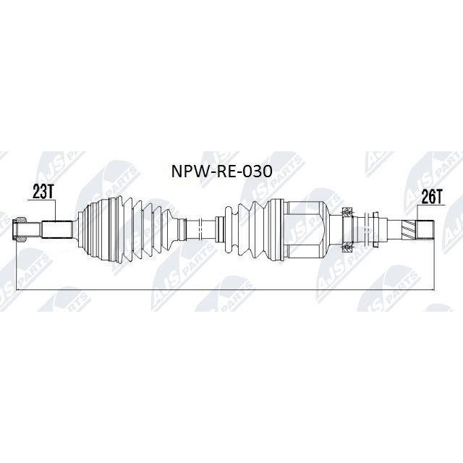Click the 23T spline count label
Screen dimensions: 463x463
pos(43,192)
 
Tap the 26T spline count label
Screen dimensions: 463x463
pos(431,197)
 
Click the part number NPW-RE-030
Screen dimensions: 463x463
pos(221,171)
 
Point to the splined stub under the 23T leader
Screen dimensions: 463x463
pos(57,229)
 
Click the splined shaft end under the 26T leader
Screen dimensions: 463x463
pos(425,229)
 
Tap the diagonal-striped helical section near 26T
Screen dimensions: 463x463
pos(408,229)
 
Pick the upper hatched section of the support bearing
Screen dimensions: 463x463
pos(347,212)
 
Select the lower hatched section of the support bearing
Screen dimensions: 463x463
pos(347,247)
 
